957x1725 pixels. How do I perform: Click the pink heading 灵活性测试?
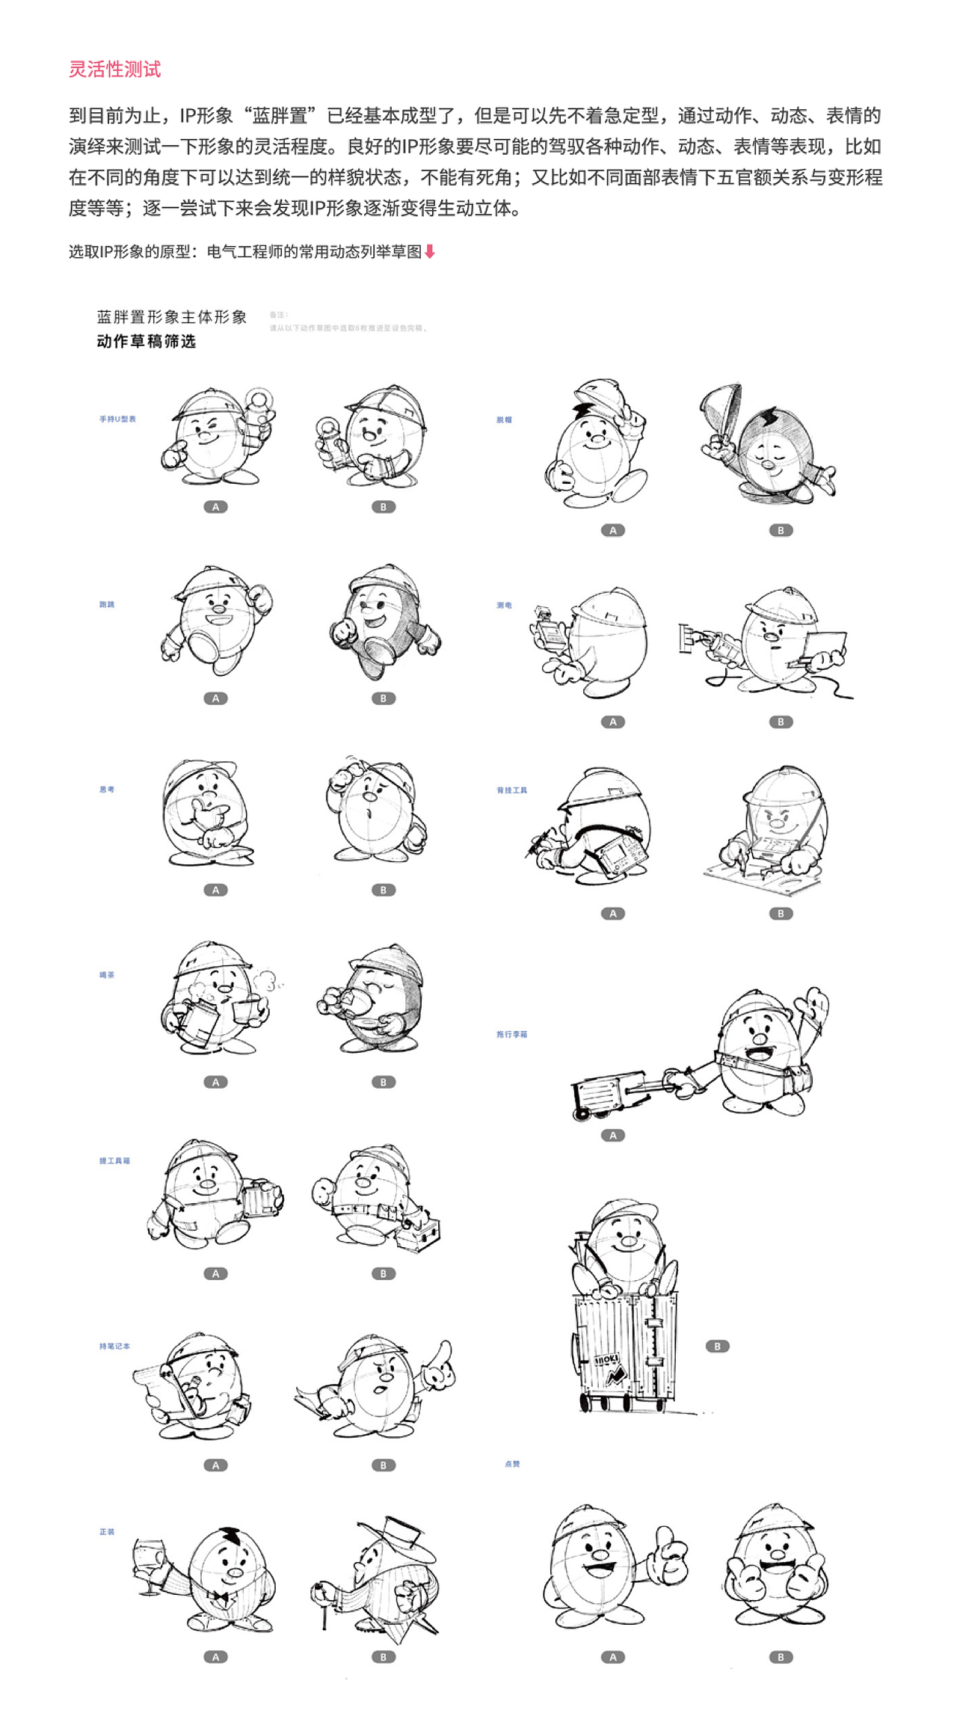(x=114, y=70)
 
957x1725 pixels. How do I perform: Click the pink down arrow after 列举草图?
(x=429, y=252)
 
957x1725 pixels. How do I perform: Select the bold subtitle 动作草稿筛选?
(x=147, y=342)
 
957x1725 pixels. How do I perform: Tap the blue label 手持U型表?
(x=117, y=419)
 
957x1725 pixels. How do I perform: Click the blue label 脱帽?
(x=504, y=420)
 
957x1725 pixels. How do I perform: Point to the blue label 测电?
(x=504, y=605)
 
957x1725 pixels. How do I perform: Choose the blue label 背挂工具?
(x=511, y=790)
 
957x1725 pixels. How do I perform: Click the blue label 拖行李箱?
(x=511, y=1035)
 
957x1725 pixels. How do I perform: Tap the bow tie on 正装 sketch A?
(x=219, y=1597)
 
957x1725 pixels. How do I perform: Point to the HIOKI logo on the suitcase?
(x=606, y=1360)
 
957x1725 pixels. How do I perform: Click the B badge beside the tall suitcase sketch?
(x=717, y=1347)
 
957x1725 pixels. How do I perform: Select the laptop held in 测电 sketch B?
(x=825, y=644)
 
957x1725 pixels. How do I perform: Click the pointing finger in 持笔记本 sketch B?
(x=444, y=1353)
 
